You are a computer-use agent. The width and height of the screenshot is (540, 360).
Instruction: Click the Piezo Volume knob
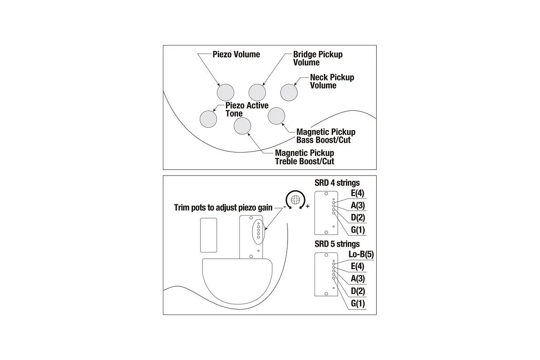[225, 92]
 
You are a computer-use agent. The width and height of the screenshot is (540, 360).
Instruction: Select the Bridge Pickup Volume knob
[257, 92]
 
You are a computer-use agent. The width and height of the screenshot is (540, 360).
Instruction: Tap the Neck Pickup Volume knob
[289, 92]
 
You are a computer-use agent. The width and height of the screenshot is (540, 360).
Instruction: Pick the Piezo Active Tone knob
[208, 119]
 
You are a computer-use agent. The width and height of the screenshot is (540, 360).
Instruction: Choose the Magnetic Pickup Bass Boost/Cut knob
[276, 116]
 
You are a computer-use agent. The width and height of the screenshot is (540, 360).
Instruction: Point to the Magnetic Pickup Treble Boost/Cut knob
[242, 126]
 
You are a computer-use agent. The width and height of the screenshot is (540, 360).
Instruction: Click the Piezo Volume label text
[236, 54]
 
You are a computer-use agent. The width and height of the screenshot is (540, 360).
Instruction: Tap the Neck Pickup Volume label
[332, 81]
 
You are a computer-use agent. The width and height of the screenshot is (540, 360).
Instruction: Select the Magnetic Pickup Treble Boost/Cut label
[305, 157]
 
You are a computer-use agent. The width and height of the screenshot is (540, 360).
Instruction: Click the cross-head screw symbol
[296, 199]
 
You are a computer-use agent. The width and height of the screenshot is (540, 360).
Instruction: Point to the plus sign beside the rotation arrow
[308, 206]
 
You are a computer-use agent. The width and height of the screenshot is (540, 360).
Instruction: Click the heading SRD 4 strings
[337, 183]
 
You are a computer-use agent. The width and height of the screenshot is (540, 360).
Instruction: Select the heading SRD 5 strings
[337, 244]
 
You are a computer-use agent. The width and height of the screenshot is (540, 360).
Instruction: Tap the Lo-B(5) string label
[361, 254]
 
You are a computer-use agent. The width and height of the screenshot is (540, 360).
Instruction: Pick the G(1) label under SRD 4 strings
[358, 230]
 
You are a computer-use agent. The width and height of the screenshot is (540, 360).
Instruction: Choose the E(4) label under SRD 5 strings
[357, 266]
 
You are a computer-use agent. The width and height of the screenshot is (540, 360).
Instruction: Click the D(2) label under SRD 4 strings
[358, 217]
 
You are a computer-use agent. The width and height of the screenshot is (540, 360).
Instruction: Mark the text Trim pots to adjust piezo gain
[223, 207]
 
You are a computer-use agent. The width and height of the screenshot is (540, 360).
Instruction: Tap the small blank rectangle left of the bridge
[208, 235]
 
